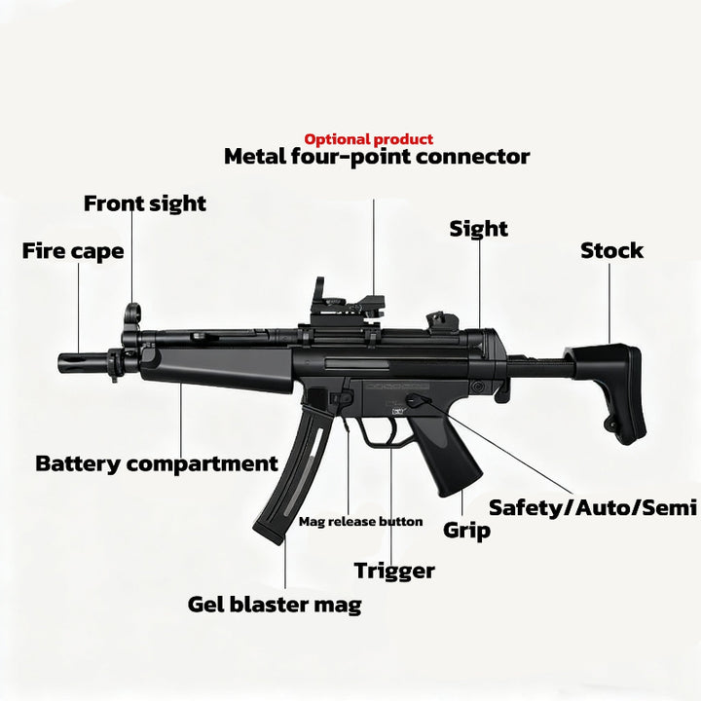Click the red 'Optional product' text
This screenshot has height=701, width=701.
[x=368, y=139]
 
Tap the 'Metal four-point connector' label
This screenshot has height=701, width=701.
[x=377, y=157]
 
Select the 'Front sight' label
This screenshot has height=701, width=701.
[x=145, y=203]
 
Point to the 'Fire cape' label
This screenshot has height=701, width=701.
[x=73, y=251]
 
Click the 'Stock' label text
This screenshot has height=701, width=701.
[x=611, y=250]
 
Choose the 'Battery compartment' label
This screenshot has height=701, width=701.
[x=157, y=464]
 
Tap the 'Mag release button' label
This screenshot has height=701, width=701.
[x=360, y=522]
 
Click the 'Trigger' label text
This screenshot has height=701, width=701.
[x=394, y=572]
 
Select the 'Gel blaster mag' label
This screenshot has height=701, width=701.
[x=275, y=605]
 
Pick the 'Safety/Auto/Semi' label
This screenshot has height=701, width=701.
[x=593, y=508]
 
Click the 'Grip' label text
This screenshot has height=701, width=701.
[x=466, y=531]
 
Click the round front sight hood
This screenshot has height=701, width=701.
[x=132, y=313]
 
